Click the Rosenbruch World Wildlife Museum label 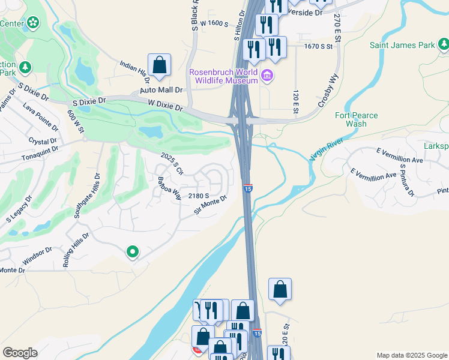(x=224, y=76)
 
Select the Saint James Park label (x=402, y=44)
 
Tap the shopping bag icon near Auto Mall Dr (x=159, y=65)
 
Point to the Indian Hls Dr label (x=134, y=73)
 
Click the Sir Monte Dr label (x=210, y=205)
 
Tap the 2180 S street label (x=198, y=196)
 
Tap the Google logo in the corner (x=20, y=353)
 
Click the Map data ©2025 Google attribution (x=411, y=355)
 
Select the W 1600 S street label (x=215, y=23)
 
